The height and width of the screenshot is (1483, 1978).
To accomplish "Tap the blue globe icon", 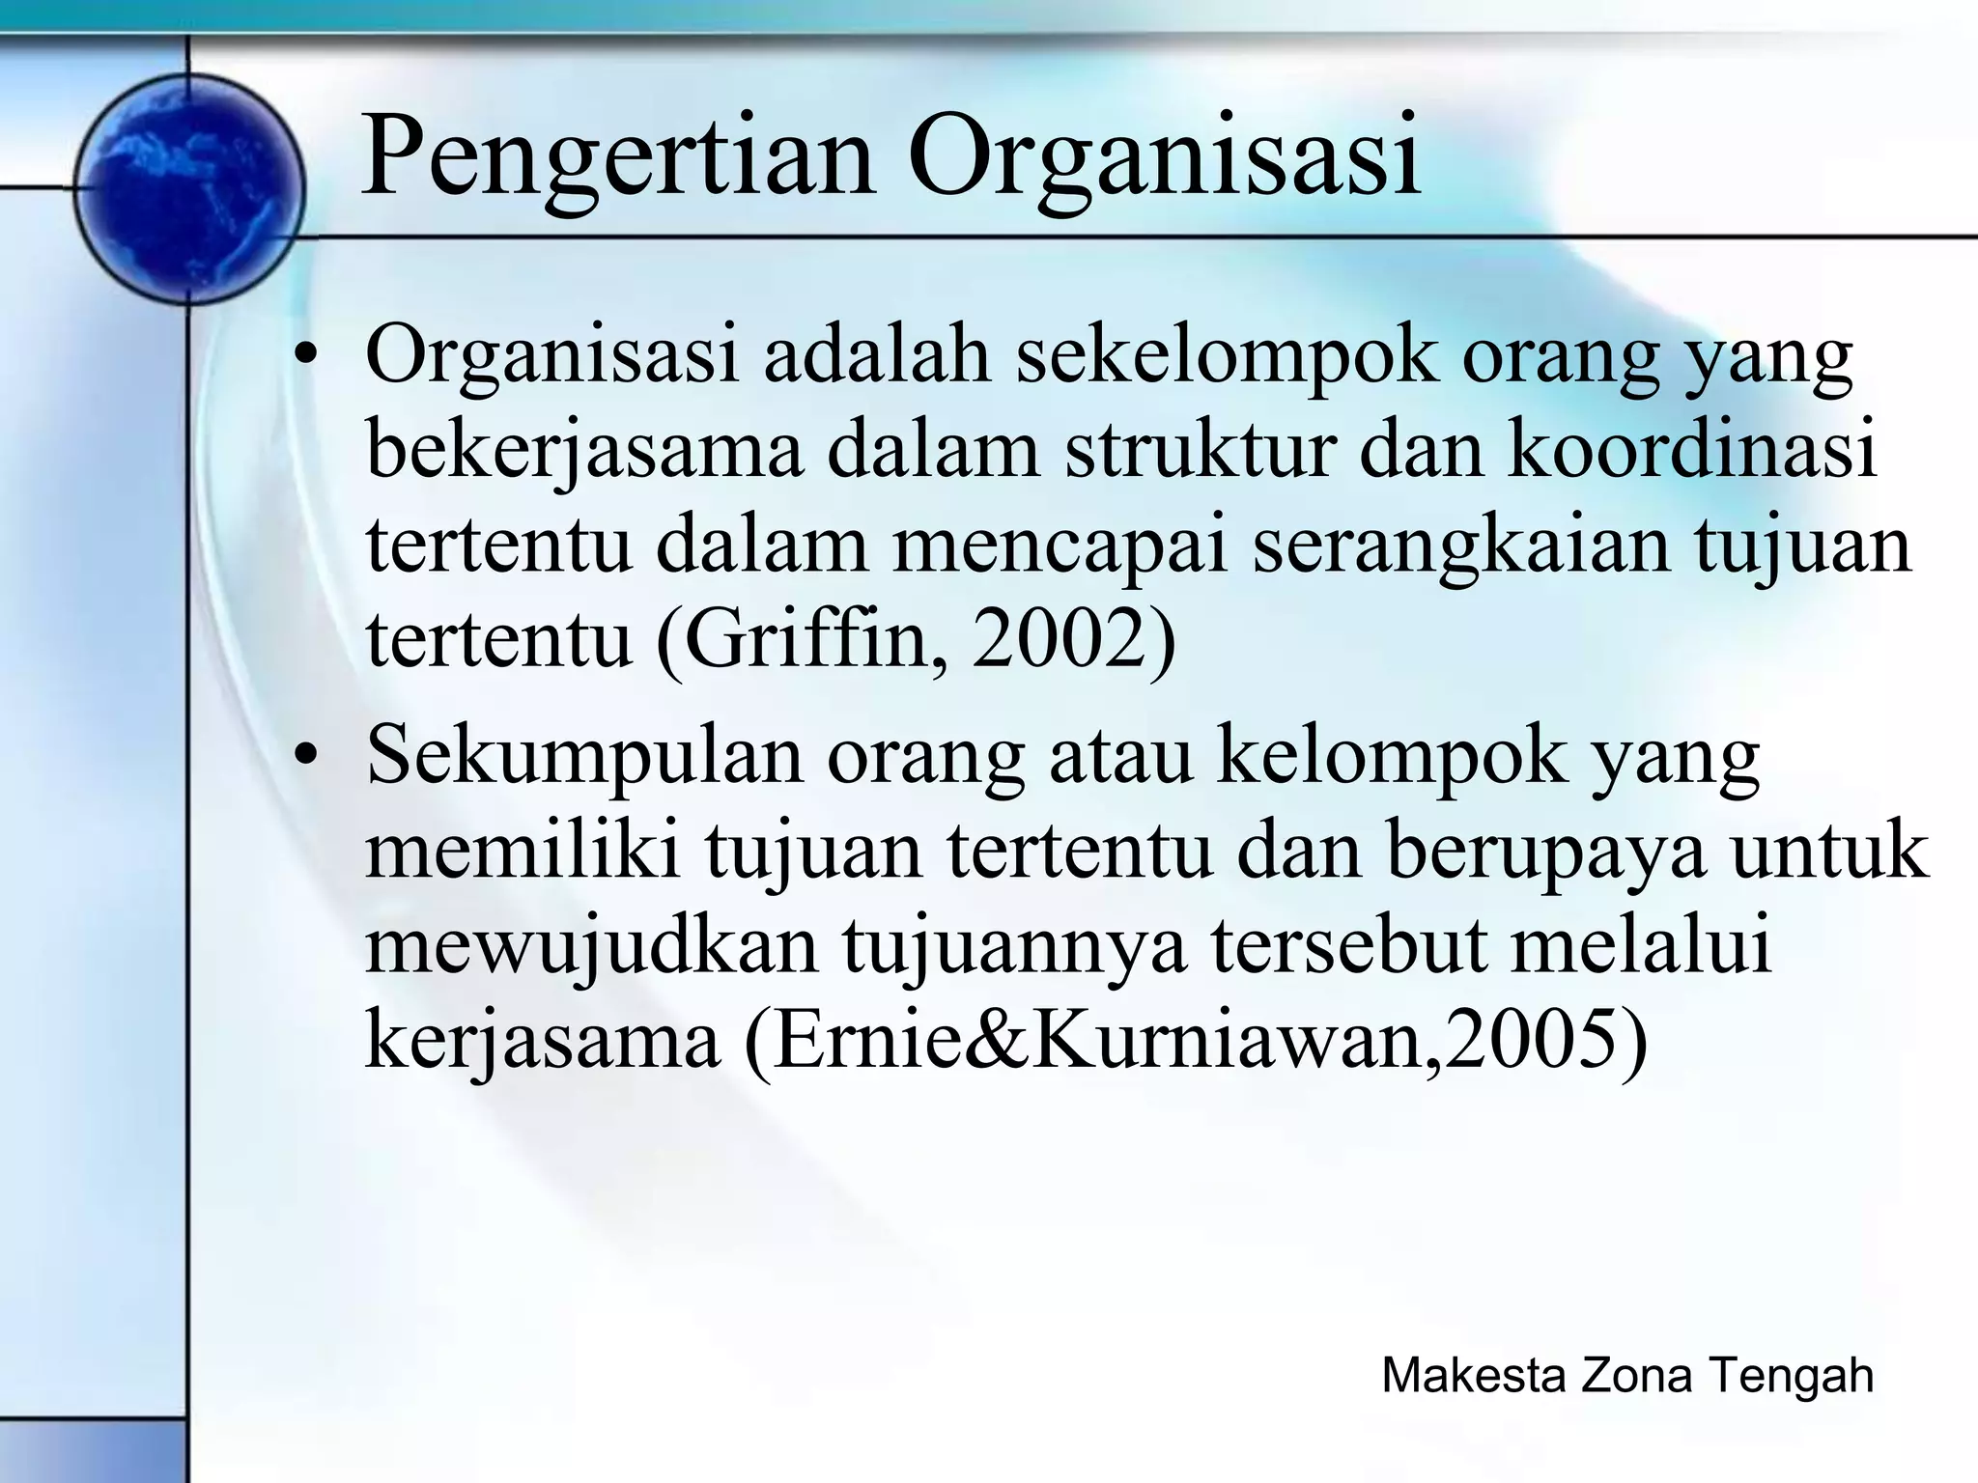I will [x=189, y=189].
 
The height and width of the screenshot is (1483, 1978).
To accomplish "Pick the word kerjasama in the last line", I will [x=542, y=1044].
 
